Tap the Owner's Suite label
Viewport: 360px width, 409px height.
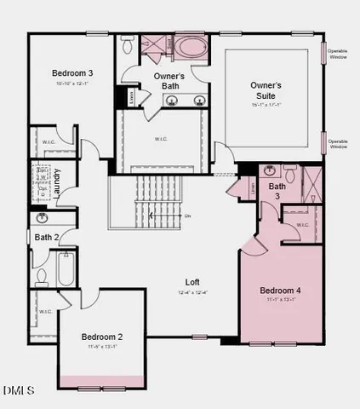point(266,91)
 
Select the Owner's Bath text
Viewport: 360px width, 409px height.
point(170,81)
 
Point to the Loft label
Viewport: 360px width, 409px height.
point(193,283)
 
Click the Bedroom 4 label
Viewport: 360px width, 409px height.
point(280,291)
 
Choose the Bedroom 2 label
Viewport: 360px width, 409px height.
point(102,337)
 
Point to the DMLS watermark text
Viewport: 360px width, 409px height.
point(19,391)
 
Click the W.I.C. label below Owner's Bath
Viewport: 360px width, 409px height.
point(162,139)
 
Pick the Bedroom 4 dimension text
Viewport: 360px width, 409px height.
point(280,301)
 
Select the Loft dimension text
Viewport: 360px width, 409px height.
point(193,293)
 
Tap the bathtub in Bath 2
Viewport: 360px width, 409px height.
point(65,269)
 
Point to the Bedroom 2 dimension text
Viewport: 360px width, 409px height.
point(102,348)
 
